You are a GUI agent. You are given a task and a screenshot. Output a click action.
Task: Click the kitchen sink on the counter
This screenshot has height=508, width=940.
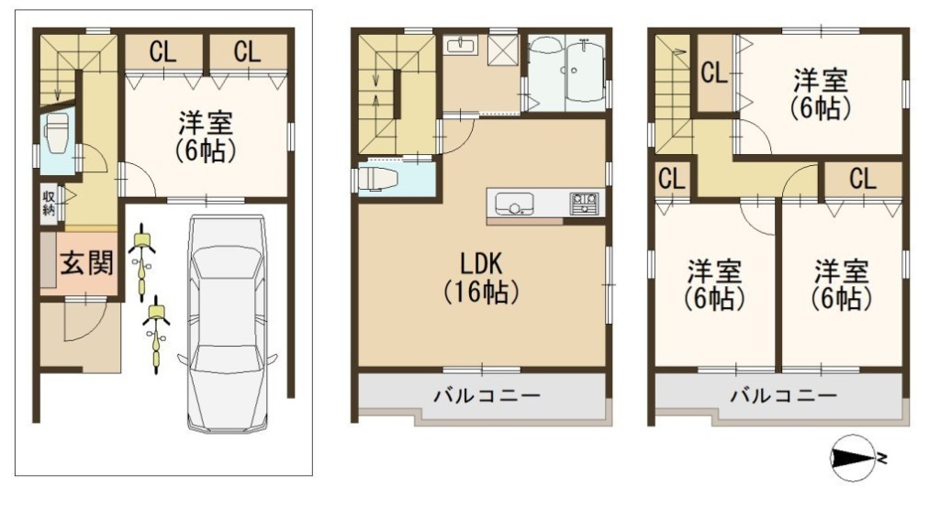[x=514, y=204]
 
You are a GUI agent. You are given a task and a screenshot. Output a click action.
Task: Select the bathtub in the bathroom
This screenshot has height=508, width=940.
[x=585, y=72]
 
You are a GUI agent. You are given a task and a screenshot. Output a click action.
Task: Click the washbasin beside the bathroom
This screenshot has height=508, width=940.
[x=461, y=46]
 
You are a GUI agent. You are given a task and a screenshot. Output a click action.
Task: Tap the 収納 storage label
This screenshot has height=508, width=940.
[x=49, y=203]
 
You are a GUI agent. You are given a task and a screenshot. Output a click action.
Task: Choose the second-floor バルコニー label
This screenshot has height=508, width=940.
[x=487, y=395]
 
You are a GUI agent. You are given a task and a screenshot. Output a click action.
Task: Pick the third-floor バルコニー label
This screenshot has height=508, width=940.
[x=783, y=395]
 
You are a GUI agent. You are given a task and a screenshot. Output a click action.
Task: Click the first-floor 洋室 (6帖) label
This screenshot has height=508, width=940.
[x=205, y=138]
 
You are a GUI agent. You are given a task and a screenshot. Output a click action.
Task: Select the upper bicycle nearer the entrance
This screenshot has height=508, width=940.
[x=142, y=261]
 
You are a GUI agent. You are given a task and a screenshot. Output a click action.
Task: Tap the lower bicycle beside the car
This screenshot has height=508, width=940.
[x=156, y=334]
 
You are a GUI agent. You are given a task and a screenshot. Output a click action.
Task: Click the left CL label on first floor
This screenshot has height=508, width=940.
[x=163, y=51]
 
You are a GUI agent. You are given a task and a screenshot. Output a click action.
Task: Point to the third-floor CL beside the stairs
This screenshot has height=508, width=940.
[x=714, y=73]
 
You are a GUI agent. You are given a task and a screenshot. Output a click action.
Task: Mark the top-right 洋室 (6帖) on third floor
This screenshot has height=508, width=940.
[x=820, y=94]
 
